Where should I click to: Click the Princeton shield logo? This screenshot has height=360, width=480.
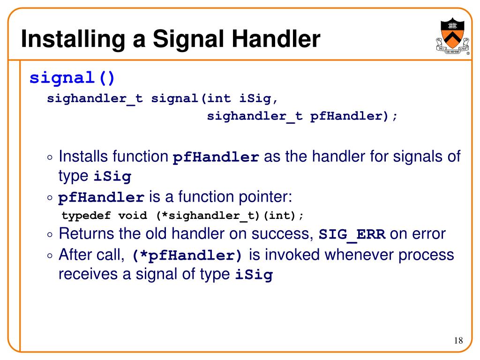coord(452,38)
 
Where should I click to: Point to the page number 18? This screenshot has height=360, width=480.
coord(458,340)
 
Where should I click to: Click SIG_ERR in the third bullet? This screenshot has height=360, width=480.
coord(352,234)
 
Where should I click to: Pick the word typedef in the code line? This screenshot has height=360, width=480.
coord(86,216)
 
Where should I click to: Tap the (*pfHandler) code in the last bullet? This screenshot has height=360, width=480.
coord(188,256)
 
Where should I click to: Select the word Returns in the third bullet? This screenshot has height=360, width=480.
coord(86,233)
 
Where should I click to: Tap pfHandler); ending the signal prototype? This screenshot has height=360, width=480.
coord(353,116)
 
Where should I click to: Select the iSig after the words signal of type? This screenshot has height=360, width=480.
coord(254,275)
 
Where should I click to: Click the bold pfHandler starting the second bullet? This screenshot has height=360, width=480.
coord(101,198)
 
